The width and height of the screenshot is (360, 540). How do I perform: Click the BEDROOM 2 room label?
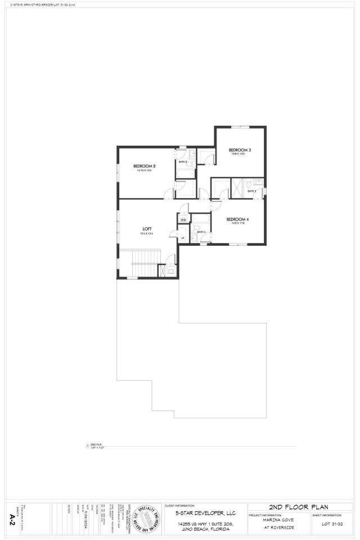tap(144, 166)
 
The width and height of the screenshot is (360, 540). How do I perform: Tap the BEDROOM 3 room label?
tap(240, 150)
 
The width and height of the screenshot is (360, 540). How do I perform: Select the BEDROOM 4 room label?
tap(237, 219)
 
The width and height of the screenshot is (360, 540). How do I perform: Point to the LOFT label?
tap(147, 229)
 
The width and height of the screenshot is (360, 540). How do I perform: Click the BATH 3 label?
tap(252, 191)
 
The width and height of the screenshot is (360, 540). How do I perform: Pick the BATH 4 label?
tap(201, 232)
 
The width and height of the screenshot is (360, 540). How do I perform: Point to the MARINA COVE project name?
tap(278, 520)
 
